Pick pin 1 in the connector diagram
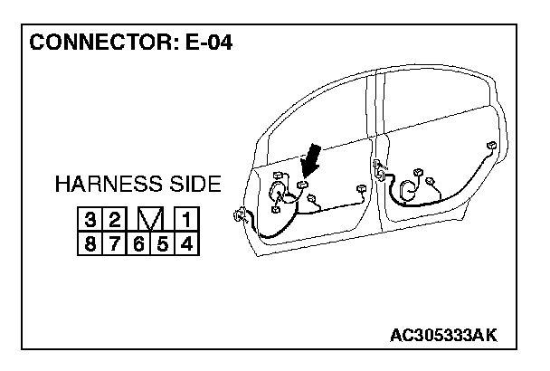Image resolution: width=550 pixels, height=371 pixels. (185, 220)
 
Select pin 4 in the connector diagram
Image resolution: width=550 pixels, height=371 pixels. (185, 243)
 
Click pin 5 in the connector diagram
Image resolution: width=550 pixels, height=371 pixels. (162, 243)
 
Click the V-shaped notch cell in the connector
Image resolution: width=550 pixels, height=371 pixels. (150, 220)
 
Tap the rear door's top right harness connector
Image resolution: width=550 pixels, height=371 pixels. (489, 147)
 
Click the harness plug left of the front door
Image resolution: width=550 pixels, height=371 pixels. (240, 215)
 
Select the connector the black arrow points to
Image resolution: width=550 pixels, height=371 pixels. (303, 186)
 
